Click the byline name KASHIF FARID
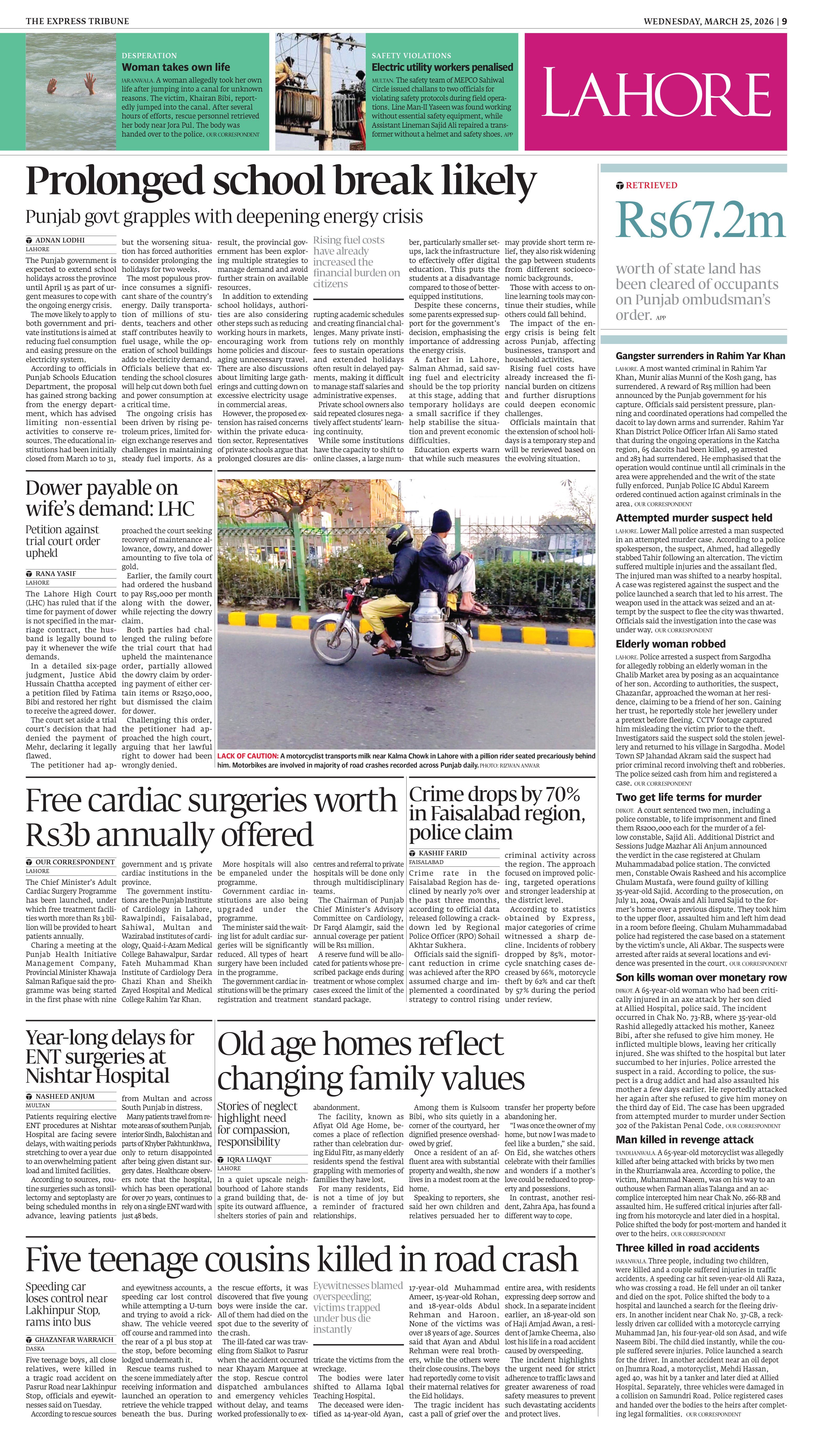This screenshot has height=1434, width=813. (443, 853)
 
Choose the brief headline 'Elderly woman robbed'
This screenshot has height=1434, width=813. (671, 644)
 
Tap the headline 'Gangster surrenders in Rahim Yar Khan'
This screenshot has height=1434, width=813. (700, 355)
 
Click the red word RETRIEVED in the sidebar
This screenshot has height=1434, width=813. (651, 185)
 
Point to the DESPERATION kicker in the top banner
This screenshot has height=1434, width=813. (149, 55)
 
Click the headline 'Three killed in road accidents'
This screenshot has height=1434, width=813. (687, 1248)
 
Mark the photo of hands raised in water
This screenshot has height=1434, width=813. (71, 91)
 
